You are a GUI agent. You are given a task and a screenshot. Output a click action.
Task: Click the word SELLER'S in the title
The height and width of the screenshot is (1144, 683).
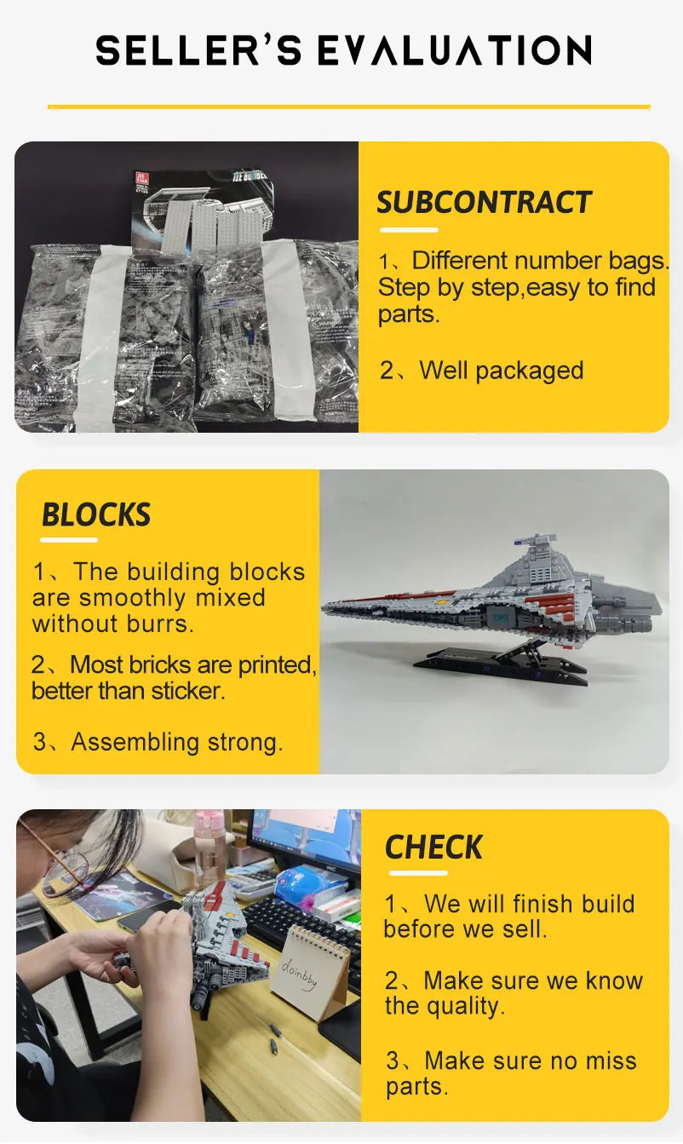198,51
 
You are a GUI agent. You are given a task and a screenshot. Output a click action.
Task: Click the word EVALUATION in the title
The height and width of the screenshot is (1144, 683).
454,51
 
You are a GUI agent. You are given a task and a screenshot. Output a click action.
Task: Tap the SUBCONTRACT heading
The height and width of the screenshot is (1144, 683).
484,203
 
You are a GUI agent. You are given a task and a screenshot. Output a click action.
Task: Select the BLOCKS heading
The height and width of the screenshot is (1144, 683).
96,515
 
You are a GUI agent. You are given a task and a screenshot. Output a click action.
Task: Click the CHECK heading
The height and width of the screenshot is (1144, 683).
433,848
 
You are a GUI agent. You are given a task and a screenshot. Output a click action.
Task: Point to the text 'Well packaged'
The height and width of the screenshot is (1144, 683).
501,371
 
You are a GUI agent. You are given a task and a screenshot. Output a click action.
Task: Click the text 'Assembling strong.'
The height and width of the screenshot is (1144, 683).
176,742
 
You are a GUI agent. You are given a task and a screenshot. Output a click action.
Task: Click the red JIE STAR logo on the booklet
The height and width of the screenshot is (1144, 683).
141,180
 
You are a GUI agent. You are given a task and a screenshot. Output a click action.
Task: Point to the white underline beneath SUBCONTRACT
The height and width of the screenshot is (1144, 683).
409,229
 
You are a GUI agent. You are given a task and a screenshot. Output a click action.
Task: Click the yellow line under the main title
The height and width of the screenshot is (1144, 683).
348,106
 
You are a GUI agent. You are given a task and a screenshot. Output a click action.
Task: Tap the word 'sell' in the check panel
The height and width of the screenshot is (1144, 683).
524,929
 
